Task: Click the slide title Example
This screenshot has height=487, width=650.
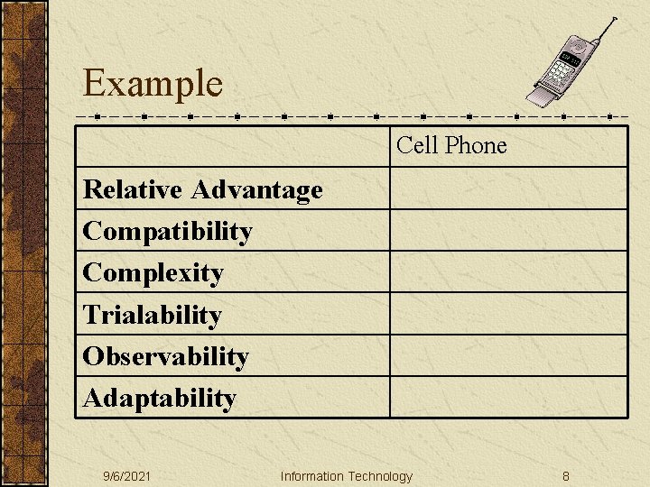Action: (x=152, y=84)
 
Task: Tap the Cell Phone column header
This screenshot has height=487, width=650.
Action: (x=451, y=145)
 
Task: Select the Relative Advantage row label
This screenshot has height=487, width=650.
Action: (x=202, y=189)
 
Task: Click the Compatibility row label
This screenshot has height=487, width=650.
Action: (x=167, y=232)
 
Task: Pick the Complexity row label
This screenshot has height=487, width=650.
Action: (x=153, y=272)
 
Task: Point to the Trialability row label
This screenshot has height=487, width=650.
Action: (x=152, y=315)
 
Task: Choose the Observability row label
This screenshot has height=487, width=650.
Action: (x=165, y=356)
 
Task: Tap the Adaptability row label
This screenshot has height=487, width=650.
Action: (x=159, y=398)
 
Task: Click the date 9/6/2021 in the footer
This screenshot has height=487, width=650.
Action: (x=126, y=476)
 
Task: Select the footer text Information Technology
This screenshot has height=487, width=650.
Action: (x=346, y=476)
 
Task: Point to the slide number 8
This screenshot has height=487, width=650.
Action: (x=565, y=476)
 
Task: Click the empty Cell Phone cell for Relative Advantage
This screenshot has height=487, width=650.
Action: (x=508, y=189)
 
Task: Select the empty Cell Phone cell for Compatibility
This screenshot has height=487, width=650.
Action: (x=508, y=231)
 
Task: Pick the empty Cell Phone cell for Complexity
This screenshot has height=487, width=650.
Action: (x=508, y=272)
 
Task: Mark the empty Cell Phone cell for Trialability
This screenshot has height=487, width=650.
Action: (x=508, y=314)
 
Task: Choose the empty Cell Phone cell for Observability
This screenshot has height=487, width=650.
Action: (x=508, y=355)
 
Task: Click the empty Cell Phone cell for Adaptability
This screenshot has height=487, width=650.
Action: (x=508, y=397)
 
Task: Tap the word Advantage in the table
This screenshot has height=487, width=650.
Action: (x=256, y=189)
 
